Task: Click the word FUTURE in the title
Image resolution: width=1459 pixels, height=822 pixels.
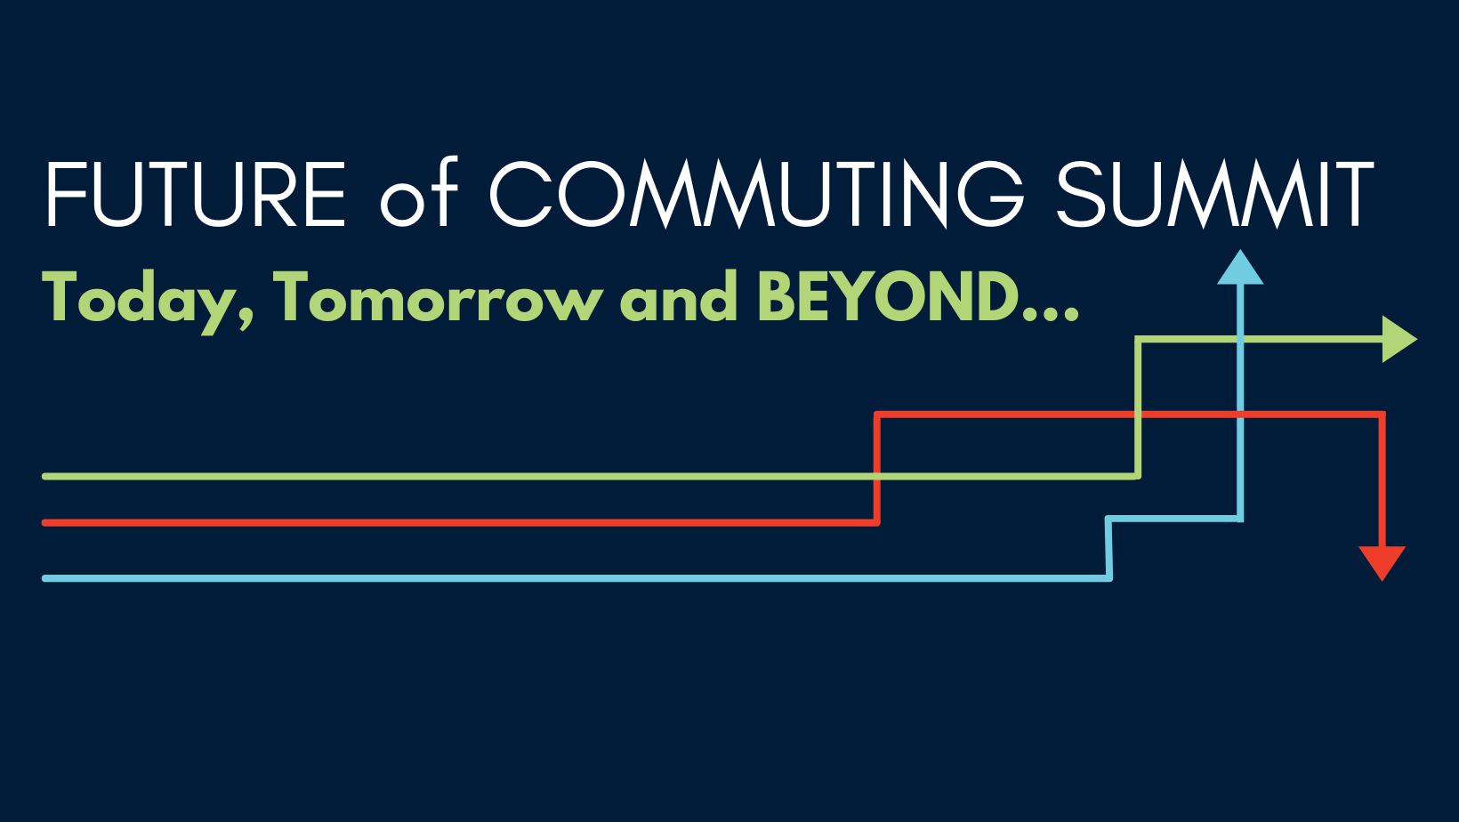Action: coord(196,194)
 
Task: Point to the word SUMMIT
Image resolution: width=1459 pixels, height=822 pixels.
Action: coord(1215,195)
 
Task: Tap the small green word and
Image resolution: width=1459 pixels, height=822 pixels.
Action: coord(678,296)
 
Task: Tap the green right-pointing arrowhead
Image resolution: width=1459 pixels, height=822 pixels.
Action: coord(1399,339)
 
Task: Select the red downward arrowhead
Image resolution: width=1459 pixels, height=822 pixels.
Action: coord(1382,563)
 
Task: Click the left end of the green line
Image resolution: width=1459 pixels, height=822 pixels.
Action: coord(44,477)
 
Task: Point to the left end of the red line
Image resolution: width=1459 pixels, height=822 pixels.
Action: coord(44,523)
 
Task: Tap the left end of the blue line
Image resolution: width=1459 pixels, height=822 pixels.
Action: coord(44,578)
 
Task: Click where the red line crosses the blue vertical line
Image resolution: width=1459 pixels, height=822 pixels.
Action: coord(1240,415)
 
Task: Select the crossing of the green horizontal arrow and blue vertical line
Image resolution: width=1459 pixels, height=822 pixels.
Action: coord(1240,339)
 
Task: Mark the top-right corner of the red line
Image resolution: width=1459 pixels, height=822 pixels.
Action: coord(1382,415)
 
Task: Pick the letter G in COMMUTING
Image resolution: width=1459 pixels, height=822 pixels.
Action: coord(991,195)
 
